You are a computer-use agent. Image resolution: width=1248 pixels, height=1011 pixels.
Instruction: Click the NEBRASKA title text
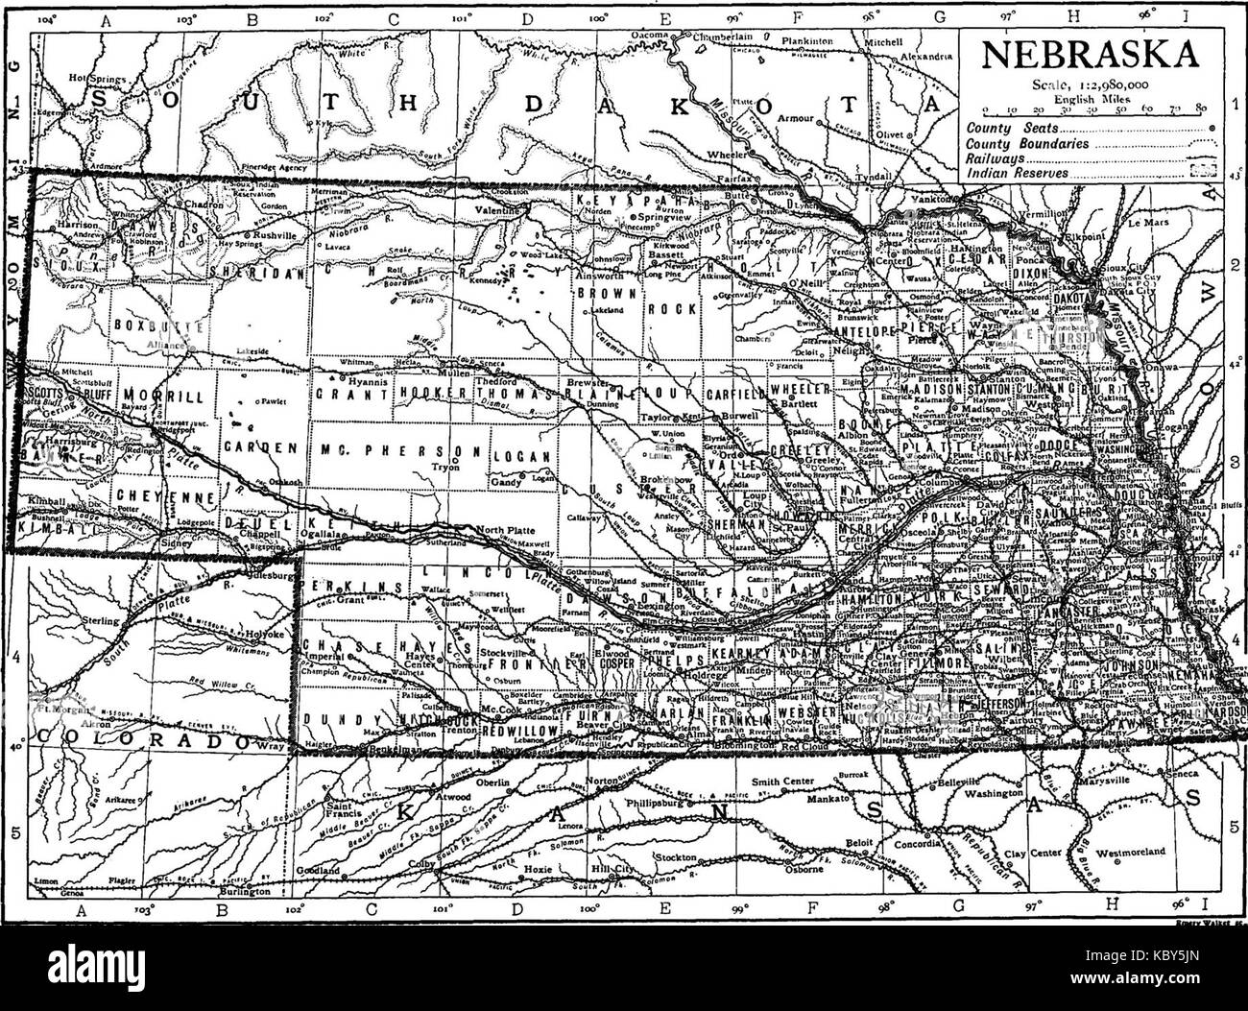[1091, 55]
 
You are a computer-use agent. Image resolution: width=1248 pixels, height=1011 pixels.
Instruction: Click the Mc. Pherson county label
[396, 448]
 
